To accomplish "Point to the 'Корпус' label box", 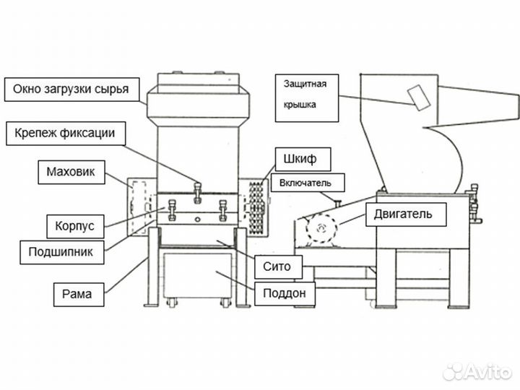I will pyautogui.click(x=74, y=225).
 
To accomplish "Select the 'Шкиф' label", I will pyautogui.click(x=296, y=157).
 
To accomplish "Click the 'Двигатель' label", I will pyautogui.click(x=402, y=214).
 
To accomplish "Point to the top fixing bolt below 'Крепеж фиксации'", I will pyautogui.click(x=197, y=189).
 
